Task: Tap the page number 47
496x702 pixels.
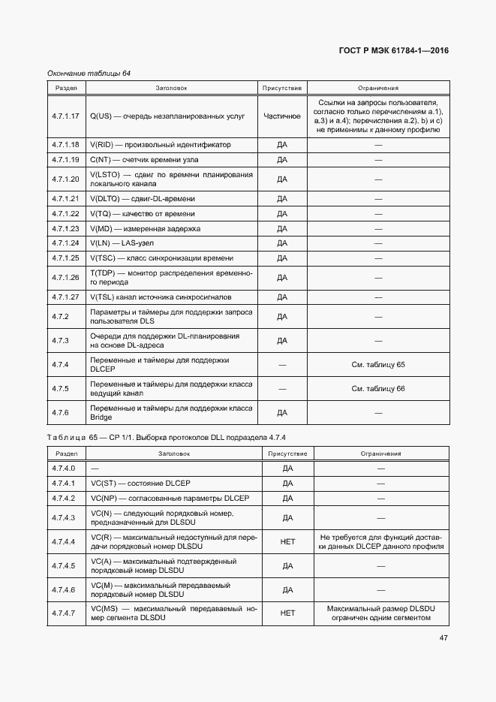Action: (x=443, y=639)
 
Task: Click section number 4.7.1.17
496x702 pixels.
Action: (x=66, y=116)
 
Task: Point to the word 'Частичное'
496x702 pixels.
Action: (x=282, y=116)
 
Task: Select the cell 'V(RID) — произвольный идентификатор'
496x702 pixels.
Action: (x=161, y=144)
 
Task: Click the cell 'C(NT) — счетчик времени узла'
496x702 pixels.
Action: (x=151, y=160)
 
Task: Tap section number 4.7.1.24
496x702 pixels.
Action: (x=66, y=243)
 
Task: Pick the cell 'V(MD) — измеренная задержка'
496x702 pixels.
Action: (x=145, y=228)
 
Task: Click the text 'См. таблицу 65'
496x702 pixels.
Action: (x=378, y=364)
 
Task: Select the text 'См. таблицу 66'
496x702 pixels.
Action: (x=378, y=388)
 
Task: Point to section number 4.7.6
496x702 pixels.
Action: (x=60, y=412)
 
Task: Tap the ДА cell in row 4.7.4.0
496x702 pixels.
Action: (x=287, y=468)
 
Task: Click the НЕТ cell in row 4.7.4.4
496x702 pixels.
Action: (x=287, y=542)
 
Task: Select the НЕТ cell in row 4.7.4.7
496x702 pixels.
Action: (x=287, y=613)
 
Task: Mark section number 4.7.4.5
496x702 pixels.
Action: (x=65, y=565)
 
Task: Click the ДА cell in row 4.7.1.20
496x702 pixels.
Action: (x=282, y=179)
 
